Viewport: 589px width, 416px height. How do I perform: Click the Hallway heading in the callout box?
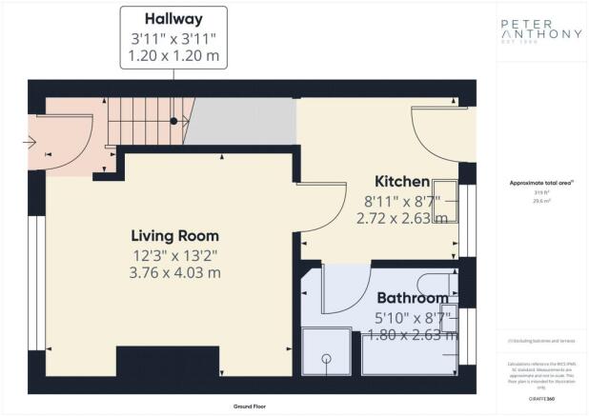tap(173, 19)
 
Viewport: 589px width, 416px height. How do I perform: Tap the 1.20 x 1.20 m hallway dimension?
tap(173, 56)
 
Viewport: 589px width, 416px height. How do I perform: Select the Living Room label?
tap(174, 235)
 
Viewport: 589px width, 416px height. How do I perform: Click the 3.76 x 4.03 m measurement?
tap(174, 272)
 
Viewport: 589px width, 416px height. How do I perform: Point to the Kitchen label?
tap(401, 181)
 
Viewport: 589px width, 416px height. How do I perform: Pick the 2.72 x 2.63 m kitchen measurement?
tap(401, 218)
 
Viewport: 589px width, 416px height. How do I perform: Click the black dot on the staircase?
tap(173, 121)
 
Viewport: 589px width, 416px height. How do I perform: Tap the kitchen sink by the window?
tap(445, 200)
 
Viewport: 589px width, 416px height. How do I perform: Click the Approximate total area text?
tap(540, 184)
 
